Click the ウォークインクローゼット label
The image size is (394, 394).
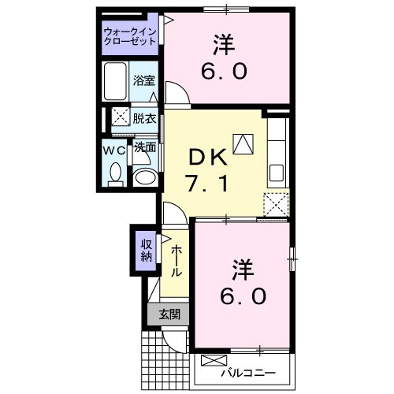[x=129, y=36]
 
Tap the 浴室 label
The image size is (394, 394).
[x=144, y=80]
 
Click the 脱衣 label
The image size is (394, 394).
[x=144, y=119]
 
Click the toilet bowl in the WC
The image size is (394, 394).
[x=114, y=174]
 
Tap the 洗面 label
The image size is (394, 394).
[x=144, y=147]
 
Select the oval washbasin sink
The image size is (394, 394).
[x=145, y=177]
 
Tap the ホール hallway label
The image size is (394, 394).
[x=176, y=259]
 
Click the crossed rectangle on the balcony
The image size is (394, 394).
[x=214, y=362]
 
